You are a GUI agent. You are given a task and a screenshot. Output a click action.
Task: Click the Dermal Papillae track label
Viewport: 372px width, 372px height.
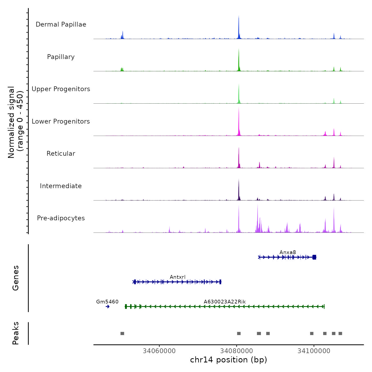pos(61,24)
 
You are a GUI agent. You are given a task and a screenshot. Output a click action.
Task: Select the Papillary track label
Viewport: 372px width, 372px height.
pos(61,57)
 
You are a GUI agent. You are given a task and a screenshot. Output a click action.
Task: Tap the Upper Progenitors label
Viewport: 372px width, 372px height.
pos(61,89)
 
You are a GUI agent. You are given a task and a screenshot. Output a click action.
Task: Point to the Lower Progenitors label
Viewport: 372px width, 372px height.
pos(61,121)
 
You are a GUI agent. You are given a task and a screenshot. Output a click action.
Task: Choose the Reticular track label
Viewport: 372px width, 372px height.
pos(61,154)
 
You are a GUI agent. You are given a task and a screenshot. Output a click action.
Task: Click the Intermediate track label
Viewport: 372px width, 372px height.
pos(61,186)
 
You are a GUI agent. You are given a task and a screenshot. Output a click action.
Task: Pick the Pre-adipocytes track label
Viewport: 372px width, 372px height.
pos(61,218)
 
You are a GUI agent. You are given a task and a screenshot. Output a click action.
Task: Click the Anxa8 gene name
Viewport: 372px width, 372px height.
pos(288,252)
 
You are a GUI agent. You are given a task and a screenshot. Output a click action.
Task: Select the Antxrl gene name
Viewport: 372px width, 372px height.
pos(177,277)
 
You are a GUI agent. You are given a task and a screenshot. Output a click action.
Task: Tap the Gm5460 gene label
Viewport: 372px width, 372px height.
pos(107,302)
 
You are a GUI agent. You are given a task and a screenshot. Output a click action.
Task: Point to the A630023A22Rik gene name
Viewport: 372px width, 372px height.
pos(225,302)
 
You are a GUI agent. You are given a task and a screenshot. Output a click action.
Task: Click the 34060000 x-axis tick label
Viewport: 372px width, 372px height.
pos(159,351)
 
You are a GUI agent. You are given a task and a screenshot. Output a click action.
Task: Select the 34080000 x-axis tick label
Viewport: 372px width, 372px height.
pos(236,351)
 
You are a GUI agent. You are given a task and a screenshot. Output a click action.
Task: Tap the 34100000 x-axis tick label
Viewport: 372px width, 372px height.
pos(314,351)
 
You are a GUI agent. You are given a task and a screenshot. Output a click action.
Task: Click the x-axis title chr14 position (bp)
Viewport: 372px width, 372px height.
pos(229,360)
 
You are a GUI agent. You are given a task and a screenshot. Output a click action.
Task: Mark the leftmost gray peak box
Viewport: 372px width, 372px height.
pos(122,333)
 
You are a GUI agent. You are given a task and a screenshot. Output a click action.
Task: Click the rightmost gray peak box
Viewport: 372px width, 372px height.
pos(340,333)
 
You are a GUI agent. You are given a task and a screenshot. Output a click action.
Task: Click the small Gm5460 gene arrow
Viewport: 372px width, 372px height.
pos(108,307)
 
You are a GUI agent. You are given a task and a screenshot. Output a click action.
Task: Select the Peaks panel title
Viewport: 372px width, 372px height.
pos(16,333)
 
